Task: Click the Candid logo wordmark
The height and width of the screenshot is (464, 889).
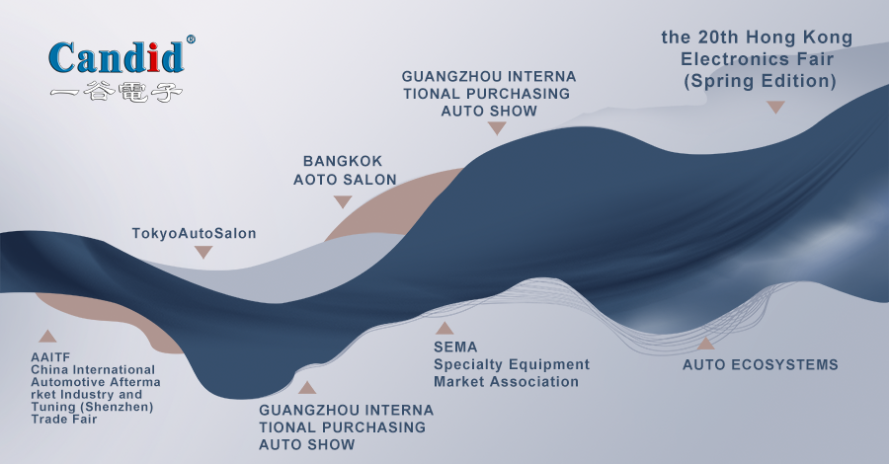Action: pyautogui.click(x=117, y=57)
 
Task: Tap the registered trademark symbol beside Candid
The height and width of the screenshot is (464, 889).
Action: pyautogui.click(x=191, y=39)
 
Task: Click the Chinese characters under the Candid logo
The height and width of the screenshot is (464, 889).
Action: pyautogui.click(x=117, y=93)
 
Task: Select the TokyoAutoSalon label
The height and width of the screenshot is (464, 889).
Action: pyautogui.click(x=194, y=233)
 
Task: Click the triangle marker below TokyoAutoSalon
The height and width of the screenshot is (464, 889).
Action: pyautogui.click(x=203, y=252)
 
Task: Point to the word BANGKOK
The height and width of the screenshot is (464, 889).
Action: pyautogui.click(x=343, y=162)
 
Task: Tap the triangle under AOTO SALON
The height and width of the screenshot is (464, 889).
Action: pyautogui.click(x=343, y=201)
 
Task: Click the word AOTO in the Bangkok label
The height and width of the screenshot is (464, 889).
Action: pyautogui.click(x=313, y=180)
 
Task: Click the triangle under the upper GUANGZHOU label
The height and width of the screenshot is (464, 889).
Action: pyautogui.click(x=497, y=128)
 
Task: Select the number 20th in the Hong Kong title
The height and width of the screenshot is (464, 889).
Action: pyautogui.click(x=718, y=38)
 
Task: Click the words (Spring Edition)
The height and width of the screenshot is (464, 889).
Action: pyautogui.click(x=760, y=81)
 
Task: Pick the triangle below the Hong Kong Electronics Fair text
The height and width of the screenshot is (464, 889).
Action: pyautogui.click(x=775, y=107)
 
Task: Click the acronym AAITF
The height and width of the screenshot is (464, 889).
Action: pyautogui.click(x=50, y=357)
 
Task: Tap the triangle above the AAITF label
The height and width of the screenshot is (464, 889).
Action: pyautogui.click(x=47, y=336)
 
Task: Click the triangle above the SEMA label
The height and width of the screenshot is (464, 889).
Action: pyautogui.click(x=444, y=328)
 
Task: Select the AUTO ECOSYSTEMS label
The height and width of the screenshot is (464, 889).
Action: pyautogui.click(x=761, y=365)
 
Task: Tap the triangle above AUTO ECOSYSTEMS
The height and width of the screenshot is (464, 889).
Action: pyautogui.click(x=706, y=343)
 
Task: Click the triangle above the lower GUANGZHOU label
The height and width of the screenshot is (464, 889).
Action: pyautogui.click(x=307, y=388)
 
